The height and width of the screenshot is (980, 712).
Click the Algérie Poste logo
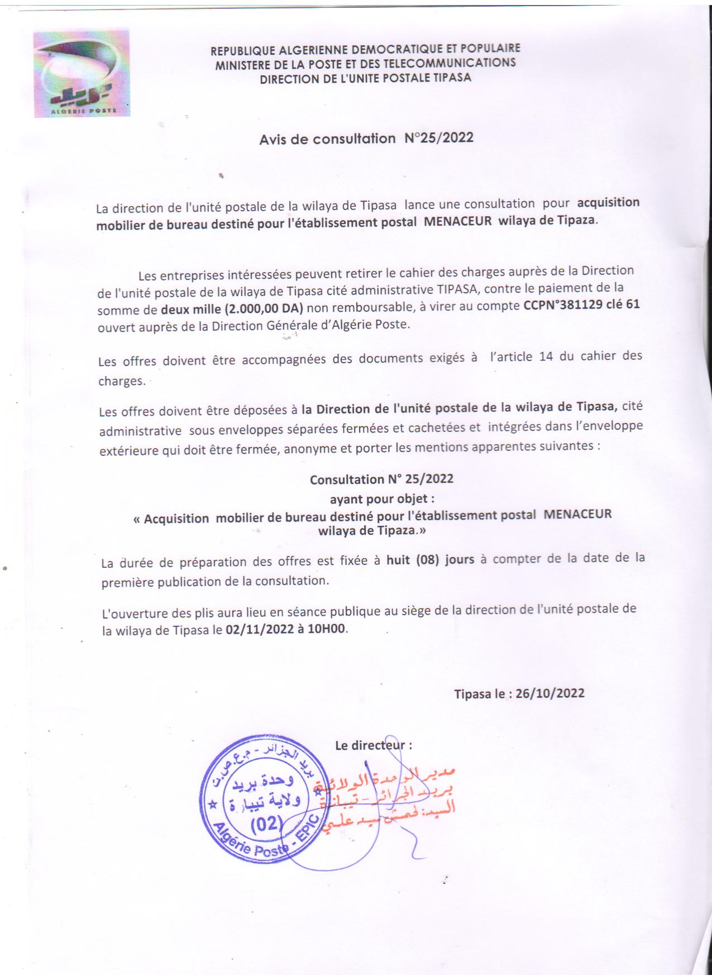(82, 73)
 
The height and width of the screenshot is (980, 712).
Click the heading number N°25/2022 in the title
(439, 137)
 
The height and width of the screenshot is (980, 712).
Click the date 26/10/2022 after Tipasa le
(550, 693)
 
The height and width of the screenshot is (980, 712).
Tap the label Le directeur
(372, 745)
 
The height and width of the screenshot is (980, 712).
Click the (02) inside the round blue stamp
(266, 825)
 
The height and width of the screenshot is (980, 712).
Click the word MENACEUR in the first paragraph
(457, 221)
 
